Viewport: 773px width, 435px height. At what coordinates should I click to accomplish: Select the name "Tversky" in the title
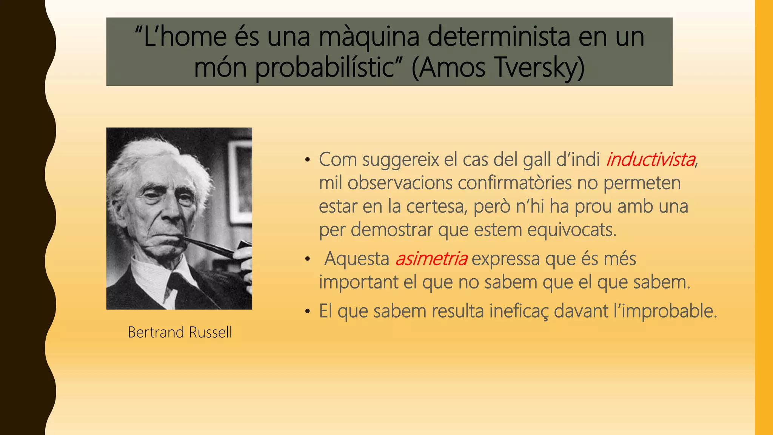(x=535, y=68)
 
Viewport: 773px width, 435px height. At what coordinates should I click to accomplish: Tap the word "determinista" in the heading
(x=499, y=37)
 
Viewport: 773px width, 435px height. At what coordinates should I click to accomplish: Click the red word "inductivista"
(x=651, y=159)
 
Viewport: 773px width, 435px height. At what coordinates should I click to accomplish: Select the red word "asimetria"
(x=431, y=259)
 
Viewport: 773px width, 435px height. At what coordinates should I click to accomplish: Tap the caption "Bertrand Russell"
(x=180, y=332)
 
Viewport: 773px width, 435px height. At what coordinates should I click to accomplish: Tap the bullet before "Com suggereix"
(x=308, y=160)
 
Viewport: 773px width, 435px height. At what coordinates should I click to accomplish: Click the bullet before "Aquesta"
(x=308, y=259)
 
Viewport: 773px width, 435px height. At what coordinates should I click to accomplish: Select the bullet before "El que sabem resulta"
(x=308, y=312)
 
